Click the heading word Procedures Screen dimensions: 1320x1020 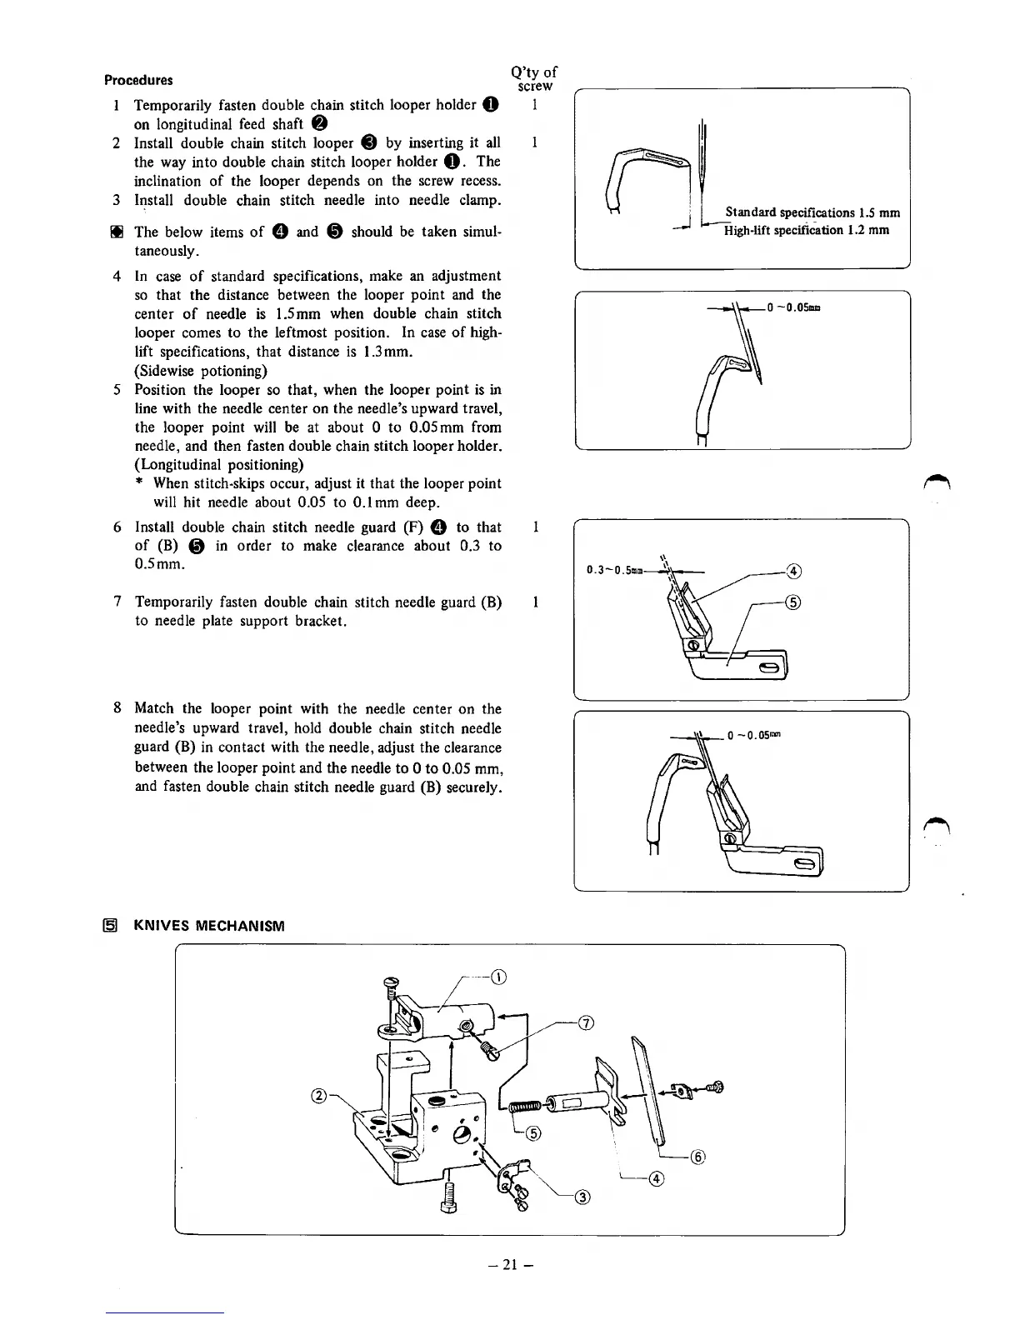(138, 81)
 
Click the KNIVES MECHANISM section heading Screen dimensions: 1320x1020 (209, 926)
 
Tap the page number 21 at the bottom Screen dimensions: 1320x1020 (510, 1264)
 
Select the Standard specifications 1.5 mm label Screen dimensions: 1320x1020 (812, 212)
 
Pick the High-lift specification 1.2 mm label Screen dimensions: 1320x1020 (806, 230)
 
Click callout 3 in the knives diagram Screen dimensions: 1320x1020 (583, 1198)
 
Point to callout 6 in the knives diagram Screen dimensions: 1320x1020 (698, 1157)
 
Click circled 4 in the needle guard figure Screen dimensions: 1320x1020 (793, 571)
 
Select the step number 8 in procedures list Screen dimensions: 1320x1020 (117, 708)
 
